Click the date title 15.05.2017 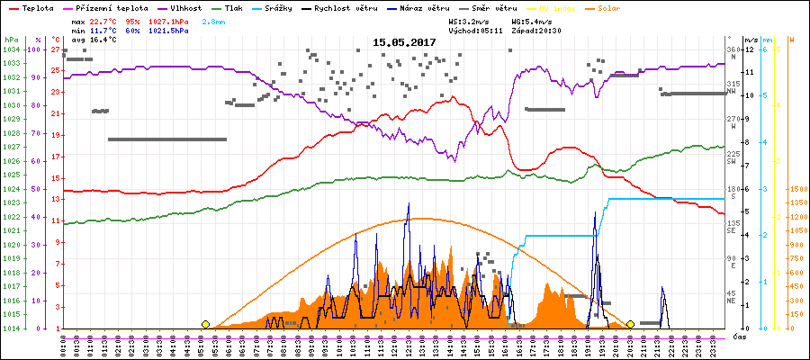405,42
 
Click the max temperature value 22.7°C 104,21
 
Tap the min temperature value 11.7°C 104,31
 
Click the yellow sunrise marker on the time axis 206,324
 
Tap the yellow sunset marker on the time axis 630,324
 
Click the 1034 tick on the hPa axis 11,49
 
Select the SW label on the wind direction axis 732,161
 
